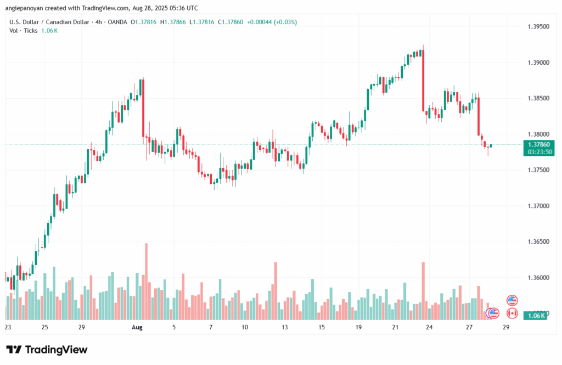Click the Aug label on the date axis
137,327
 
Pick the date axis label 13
285,327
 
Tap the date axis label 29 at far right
505,327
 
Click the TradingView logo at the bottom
47,350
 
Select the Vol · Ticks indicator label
24,31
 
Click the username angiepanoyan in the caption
31,8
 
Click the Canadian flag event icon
512,312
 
